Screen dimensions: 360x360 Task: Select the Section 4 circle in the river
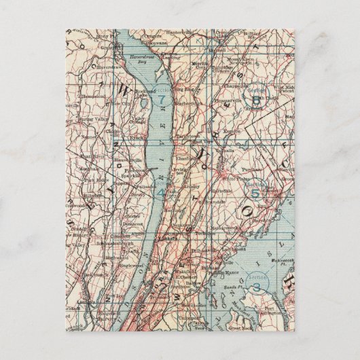tap(160, 193)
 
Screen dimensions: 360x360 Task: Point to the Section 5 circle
tap(255, 192)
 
